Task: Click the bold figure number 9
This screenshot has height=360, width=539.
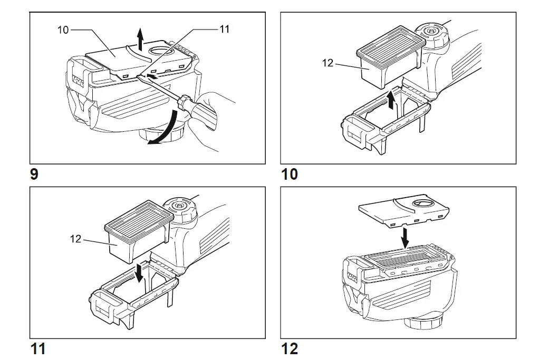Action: tap(34, 174)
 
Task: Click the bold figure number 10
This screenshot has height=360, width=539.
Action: tap(290, 174)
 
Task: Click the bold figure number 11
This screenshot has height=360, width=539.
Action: tap(38, 349)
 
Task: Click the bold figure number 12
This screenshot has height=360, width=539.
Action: tap(290, 349)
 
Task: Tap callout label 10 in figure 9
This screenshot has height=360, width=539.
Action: tap(63, 30)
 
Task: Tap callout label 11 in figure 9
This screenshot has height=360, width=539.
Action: tap(225, 29)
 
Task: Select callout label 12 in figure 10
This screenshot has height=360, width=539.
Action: tap(328, 63)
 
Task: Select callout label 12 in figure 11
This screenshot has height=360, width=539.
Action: tap(75, 239)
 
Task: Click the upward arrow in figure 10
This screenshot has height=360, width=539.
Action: tap(391, 99)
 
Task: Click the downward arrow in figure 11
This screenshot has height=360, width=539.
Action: tap(139, 274)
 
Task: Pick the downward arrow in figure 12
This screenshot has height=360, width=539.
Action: tap(404, 238)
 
